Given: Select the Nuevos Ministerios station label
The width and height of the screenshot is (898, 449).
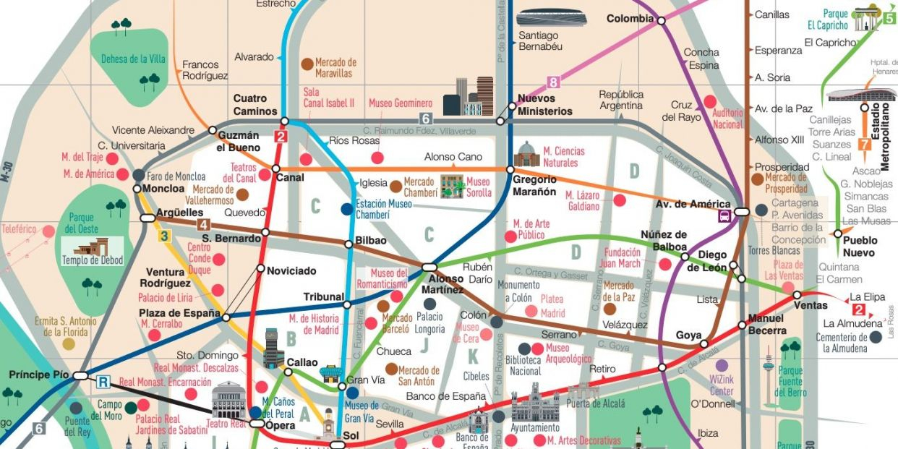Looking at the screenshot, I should [x=544, y=105].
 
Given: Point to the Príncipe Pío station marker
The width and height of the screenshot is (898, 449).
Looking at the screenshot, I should [x=80, y=375].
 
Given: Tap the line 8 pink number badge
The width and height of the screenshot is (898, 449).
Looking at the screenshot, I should [x=554, y=82].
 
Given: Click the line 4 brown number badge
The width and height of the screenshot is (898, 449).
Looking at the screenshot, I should [x=204, y=223].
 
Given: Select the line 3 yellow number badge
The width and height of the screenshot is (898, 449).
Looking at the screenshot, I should [x=165, y=236].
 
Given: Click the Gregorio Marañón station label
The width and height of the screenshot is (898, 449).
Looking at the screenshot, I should [x=534, y=186].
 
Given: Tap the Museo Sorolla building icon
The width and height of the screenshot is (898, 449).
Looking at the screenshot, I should [x=453, y=187].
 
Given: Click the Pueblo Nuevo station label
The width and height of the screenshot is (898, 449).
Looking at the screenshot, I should [x=859, y=247].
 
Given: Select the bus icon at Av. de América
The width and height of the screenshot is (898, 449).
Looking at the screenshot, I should [x=723, y=215].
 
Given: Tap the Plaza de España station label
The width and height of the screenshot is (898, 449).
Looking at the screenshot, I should [x=179, y=313].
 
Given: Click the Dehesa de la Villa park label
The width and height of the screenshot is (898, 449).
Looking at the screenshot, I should [x=133, y=59].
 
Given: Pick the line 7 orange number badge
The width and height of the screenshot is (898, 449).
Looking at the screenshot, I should [x=863, y=144].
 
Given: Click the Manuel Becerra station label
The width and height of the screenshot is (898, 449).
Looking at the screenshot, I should [x=767, y=325].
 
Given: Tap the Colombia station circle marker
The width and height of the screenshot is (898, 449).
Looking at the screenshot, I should [x=661, y=21].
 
